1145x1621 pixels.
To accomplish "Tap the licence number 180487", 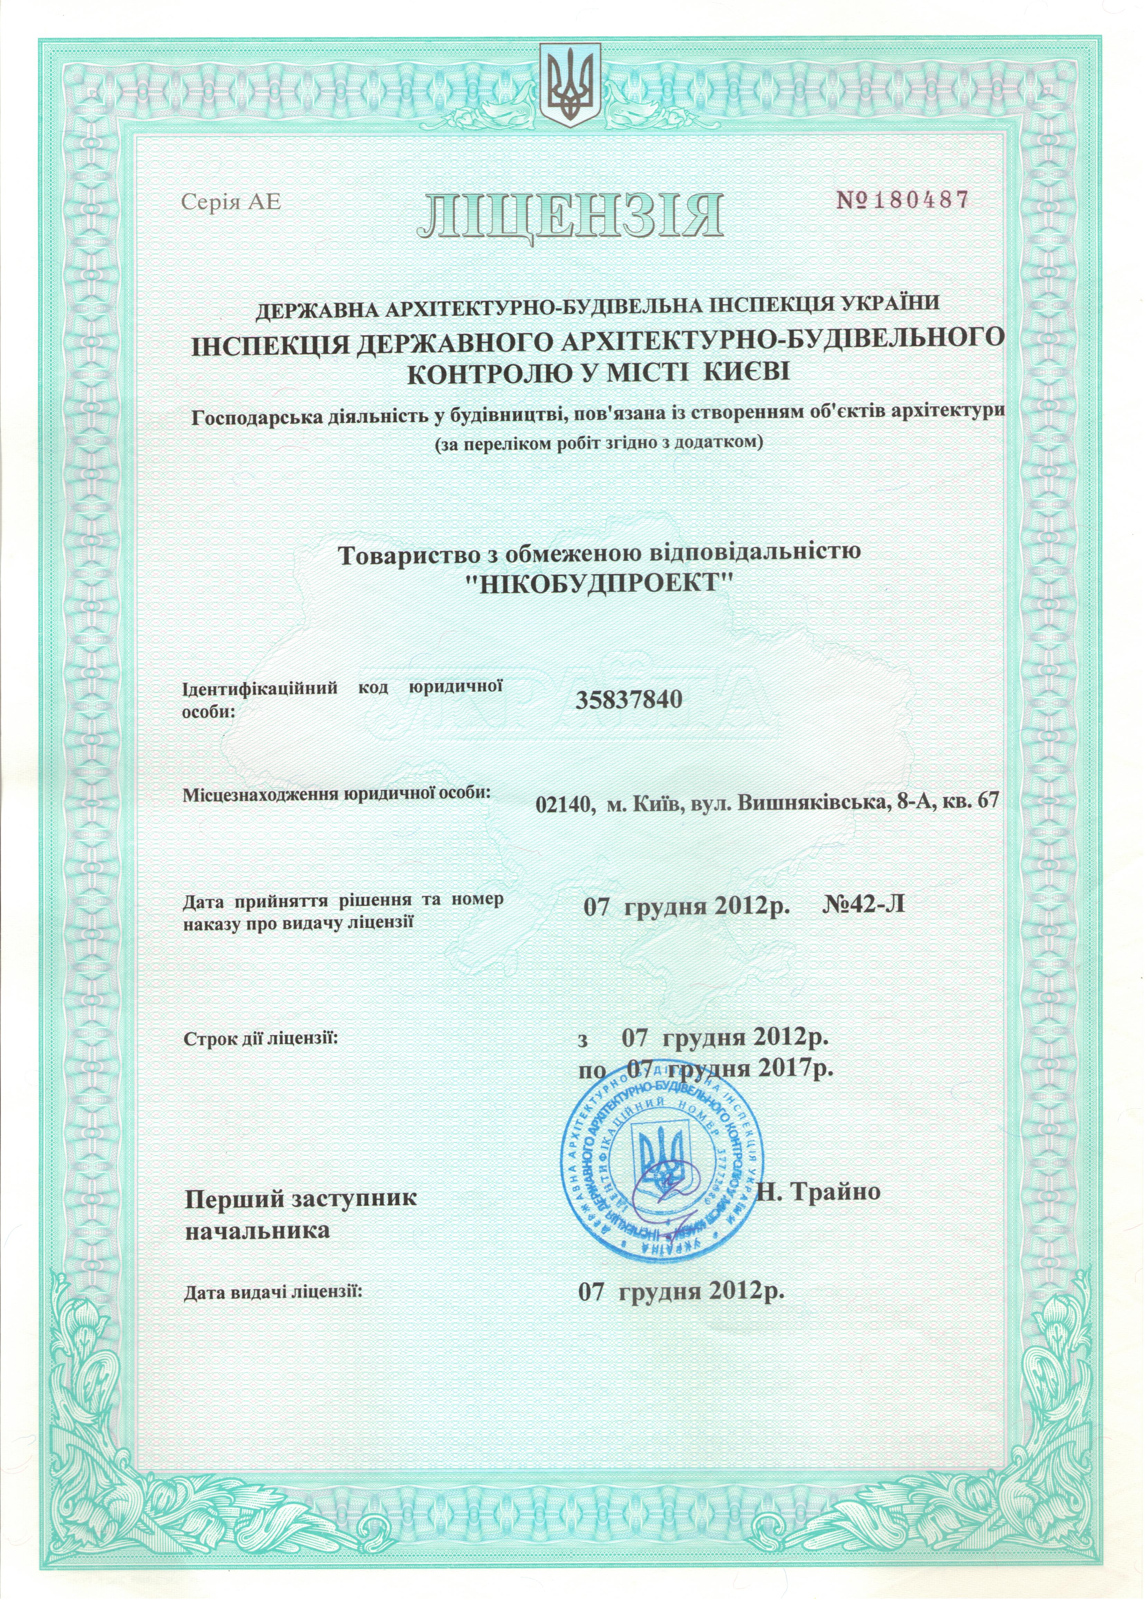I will [918, 201].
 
